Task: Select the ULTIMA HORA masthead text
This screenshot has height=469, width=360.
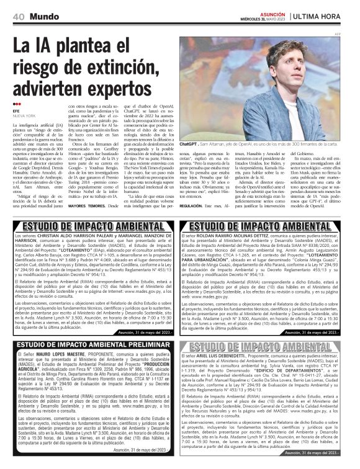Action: click(325, 15)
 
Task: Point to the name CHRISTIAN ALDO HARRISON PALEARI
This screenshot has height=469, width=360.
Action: click(70, 237)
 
